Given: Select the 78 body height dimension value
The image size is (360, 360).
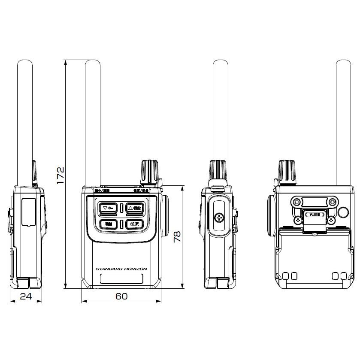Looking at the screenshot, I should [x=177, y=236].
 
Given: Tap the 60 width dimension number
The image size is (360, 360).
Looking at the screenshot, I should [x=121, y=296].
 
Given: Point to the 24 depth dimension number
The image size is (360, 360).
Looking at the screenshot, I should [x=26, y=296].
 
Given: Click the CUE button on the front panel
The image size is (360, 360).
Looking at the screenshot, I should [x=134, y=223].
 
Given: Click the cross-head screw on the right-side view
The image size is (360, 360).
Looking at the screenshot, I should [x=219, y=218].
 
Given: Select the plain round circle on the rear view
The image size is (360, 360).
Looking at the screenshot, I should [x=343, y=212].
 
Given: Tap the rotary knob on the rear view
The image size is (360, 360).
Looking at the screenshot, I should [x=286, y=172].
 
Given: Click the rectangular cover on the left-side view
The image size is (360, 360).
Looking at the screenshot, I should [x=28, y=212].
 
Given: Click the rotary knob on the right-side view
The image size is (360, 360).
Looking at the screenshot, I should [x=218, y=171].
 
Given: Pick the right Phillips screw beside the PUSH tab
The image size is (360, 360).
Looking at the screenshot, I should [x=331, y=220].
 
